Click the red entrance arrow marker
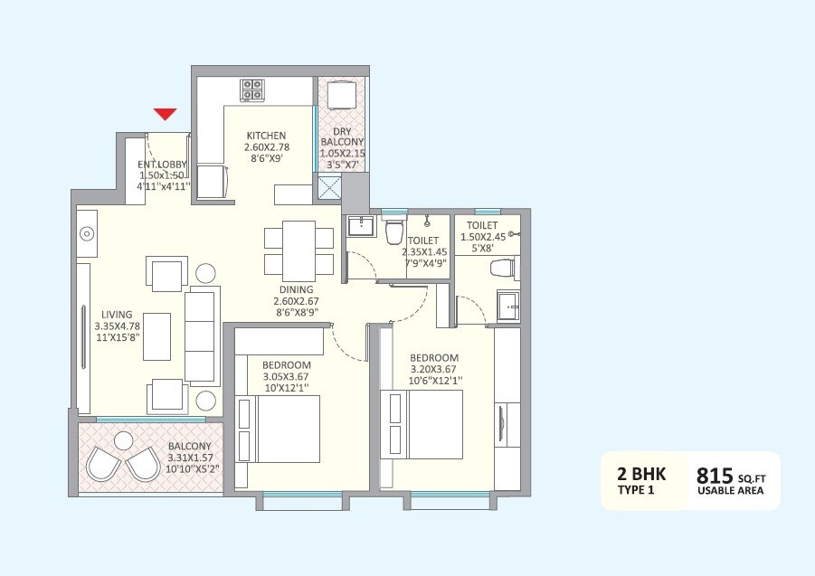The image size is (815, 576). pyautogui.click(x=164, y=114)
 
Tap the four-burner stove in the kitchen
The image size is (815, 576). pyautogui.click(x=252, y=90)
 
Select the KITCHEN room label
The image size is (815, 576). pyautogui.click(x=266, y=136)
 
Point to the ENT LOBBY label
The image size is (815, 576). pyautogui.click(x=163, y=165)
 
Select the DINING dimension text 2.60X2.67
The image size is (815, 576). pyautogui.click(x=297, y=302)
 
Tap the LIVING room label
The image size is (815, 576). pyautogui.click(x=117, y=315)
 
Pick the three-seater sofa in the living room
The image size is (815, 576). pyautogui.click(x=201, y=335)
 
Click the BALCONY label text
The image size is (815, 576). pyautogui.click(x=189, y=446)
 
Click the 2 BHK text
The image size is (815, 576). pyautogui.click(x=635, y=474)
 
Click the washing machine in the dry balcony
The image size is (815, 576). pyautogui.click(x=343, y=95)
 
